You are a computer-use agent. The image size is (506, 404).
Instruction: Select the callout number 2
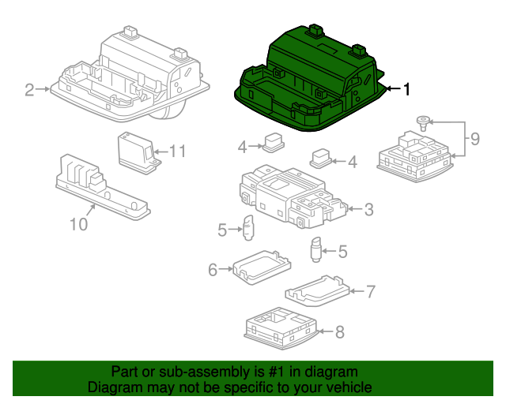[29, 90]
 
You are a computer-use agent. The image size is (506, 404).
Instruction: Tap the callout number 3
[369, 209]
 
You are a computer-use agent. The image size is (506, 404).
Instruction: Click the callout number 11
[178, 151]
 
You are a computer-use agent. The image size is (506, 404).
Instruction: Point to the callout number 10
[79, 224]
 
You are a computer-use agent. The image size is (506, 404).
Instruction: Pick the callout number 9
[475, 139]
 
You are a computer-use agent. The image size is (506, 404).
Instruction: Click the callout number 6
[213, 270]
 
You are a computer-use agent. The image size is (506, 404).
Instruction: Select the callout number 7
[370, 292]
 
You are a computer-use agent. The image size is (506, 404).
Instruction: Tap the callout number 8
[339, 332]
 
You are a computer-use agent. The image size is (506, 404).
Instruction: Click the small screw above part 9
[424, 123]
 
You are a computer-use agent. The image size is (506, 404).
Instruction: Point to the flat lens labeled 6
[262, 267]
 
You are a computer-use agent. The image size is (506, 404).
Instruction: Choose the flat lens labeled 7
[318, 290]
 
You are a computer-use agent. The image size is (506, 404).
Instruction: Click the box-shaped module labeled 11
[139, 153]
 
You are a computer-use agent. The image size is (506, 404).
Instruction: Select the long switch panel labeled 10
[102, 188]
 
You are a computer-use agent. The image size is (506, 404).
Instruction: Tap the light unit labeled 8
[281, 328]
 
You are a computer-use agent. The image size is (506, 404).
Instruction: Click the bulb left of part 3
[248, 228]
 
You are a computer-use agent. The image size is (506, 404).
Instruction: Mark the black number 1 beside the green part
[406, 89]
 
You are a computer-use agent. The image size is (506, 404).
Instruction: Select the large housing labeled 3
[293, 196]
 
